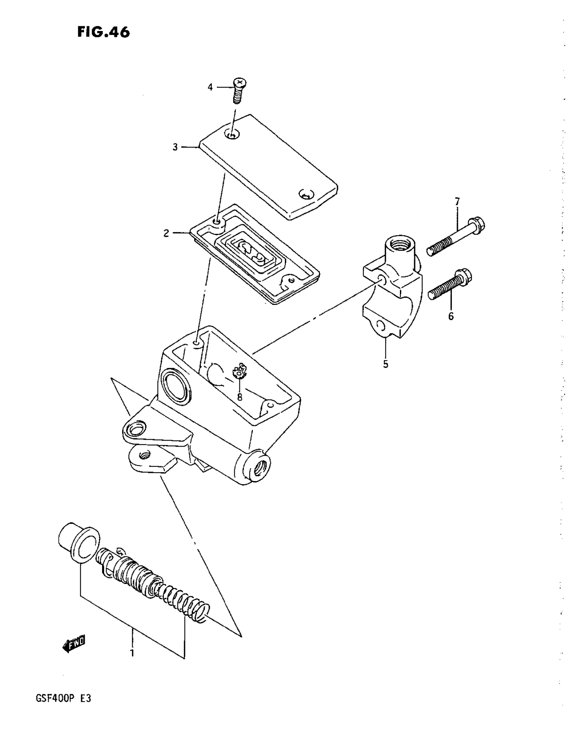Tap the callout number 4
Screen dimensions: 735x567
[210, 88]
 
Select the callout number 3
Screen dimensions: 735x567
[175, 147]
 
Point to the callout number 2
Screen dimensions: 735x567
[166, 233]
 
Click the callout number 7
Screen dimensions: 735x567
[457, 202]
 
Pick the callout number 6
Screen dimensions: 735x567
[451, 316]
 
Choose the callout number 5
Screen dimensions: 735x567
[386, 364]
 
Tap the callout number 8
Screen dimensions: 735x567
[239, 397]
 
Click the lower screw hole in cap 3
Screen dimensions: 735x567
[306, 195]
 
